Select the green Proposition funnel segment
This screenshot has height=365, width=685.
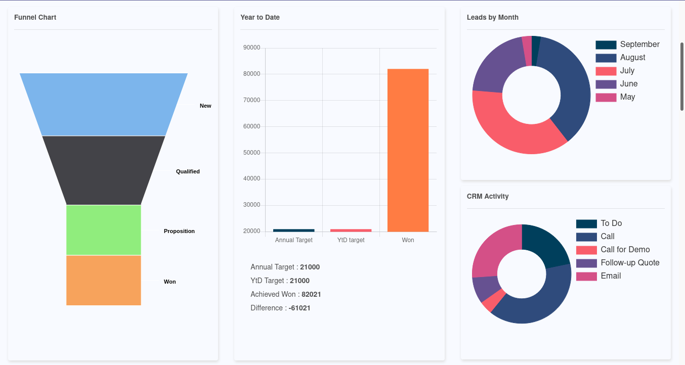coord(104,230)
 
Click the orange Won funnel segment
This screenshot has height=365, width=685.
coord(104,280)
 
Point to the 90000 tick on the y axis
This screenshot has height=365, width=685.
coord(251,48)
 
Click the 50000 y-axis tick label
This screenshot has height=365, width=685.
coord(251,153)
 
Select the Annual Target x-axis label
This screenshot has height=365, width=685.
coord(294,240)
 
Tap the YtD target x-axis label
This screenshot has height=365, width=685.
coord(351,240)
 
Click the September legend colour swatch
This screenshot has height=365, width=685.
coord(606,45)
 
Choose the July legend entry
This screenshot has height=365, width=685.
coord(627,71)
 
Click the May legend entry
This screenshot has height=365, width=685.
coord(627,97)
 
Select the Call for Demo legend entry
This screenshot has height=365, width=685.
coord(625,250)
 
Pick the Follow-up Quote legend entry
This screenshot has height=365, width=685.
coord(630,263)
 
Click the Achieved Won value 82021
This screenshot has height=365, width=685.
coord(311,294)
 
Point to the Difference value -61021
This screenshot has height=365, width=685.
coord(299,308)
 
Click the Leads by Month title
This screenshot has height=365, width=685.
coord(492,17)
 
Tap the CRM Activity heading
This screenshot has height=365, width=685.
coord(488,196)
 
